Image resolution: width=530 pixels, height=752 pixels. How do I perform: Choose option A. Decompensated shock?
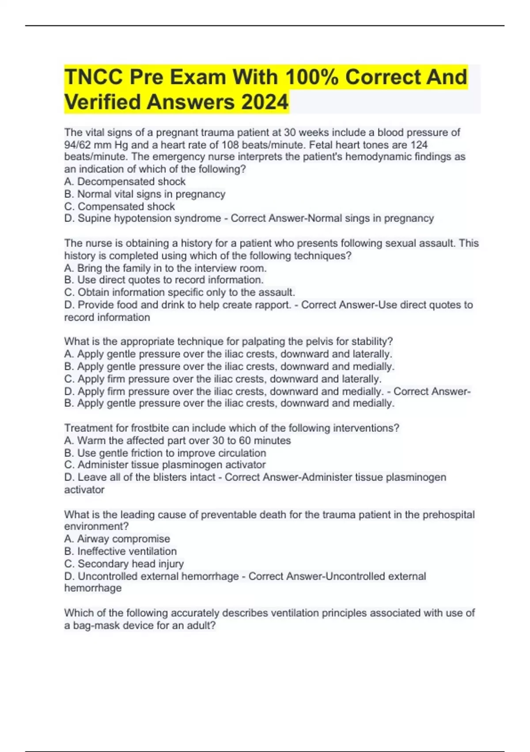[125, 181]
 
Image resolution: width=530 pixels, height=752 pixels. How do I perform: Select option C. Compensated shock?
[120, 206]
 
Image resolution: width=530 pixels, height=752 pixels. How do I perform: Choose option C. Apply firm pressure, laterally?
[223, 379]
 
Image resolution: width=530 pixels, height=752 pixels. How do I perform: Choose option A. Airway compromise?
[117, 539]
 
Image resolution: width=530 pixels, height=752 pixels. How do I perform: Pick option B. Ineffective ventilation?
[121, 551]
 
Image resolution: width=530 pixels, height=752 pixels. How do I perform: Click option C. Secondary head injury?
[124, 564]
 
